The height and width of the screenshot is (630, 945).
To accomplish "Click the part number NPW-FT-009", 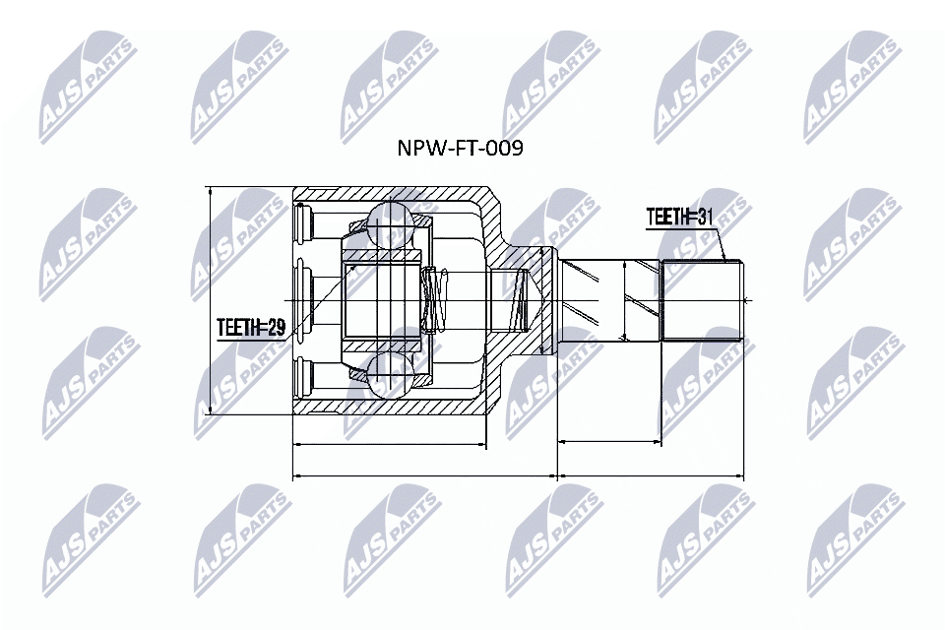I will (458, 149).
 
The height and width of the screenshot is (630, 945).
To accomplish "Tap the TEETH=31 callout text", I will (678, 218).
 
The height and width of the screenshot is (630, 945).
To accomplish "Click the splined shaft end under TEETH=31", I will (701, 300).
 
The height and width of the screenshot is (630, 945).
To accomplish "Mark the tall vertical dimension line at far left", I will (210, 300).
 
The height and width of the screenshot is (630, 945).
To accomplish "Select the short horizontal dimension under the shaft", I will (609, 443).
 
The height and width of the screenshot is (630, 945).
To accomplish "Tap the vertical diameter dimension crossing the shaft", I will (626, 300).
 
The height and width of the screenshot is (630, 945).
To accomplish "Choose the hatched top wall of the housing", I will (394, 195).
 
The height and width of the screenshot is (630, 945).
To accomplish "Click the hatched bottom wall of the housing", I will (394, 405).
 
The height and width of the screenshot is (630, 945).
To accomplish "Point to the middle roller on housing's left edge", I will (303, 299).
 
